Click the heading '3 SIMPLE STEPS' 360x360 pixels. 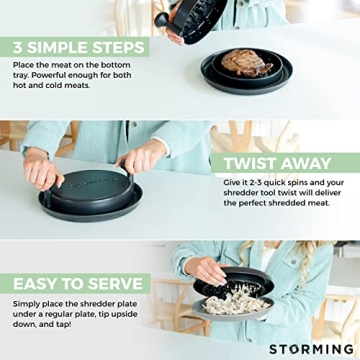pyautogui.click(x=80, y=47)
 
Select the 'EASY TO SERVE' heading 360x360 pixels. pyautogui.click(x=76, y=282)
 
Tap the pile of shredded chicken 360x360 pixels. pyautogui.click(x=235, y=302)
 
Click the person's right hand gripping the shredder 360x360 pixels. pyautogui.click(x=139, y=160)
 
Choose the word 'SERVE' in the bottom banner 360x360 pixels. pyautogui.click(x=112, y=282)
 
